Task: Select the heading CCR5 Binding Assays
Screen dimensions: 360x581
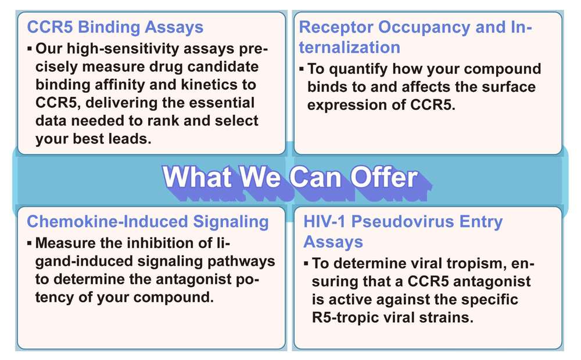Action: [x=116, y=27]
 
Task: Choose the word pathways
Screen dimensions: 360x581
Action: [x=240, y=261]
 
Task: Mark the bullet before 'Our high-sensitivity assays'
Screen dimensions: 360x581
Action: [x=29, y=48]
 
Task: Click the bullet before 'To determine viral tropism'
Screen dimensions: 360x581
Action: [x=306, y=264]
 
